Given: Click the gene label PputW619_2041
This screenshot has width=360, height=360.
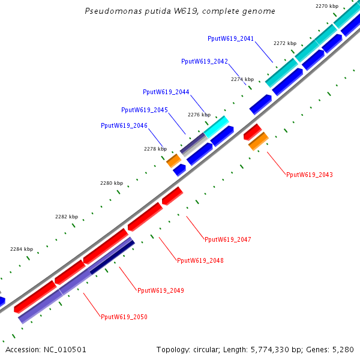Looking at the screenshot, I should pyautogui.click(x=230, y=38).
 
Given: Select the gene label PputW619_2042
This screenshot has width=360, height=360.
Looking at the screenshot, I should pyautogui.click(x=204, y=61).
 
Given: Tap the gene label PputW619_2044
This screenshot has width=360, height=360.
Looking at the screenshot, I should pyautogui.click(x=166, y=92).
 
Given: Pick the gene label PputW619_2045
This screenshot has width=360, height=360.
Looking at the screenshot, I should pyautogui.click(x=144, y=110).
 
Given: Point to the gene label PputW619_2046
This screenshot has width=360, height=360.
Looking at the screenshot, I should pyautogui.click(x=124, y=125).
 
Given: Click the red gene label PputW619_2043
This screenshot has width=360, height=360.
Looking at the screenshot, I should pyautogui.click(x=309, y=175).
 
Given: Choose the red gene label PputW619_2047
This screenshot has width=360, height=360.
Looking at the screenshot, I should pyautogui.click(x=227, y=239).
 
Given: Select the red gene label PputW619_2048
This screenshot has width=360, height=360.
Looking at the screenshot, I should pyautogui.click(x=200, y=260).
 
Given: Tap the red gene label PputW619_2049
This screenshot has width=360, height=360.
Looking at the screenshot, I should pyautogui.click(x=160, y=290).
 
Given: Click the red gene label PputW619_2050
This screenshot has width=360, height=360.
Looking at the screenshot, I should pyautogui.click(x=124, y=317).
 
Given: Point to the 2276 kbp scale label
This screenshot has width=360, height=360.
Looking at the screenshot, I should pyautogui.click(x=197, y=114).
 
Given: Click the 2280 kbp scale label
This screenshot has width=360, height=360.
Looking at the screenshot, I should pyautogui.click(x=111, y=183).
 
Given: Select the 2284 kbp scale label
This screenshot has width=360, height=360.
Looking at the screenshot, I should pyautogui.click(x=22, y=248).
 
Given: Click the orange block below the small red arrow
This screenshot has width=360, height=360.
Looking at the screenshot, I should pyautogui.click(x=258, y=142).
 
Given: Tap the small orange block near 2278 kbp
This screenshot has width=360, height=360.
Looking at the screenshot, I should pyautogui.click(x=173, y=160).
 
